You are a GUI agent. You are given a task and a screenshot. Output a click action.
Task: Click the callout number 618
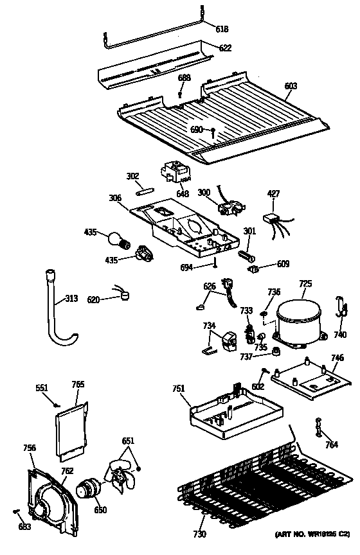coord(221,30)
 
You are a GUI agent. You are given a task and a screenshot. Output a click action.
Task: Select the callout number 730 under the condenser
coord(201,534)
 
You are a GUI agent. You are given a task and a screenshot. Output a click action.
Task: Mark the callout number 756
coord(29,448)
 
